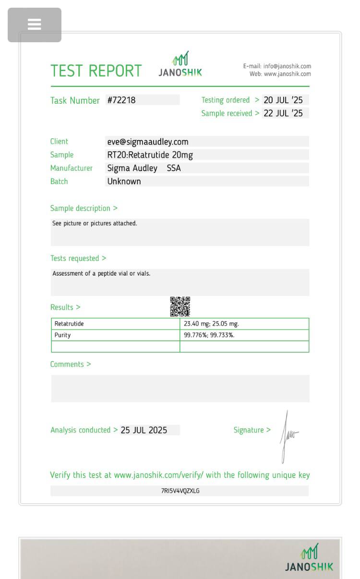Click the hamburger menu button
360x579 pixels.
pyautogui.click(x=35, y=24)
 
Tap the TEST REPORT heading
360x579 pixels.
pyautogui.click(x=96, y=71)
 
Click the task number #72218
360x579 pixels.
pyautogui.click(x=121, y=100)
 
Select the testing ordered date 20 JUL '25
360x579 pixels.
pyautogui.click(x=283, y=100)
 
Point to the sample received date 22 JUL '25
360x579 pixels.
pyautogui.click(x=283, y=113)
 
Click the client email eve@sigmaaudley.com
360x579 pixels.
pyautogui.click(x=148, y=142)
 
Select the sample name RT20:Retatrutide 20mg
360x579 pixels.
pyautogui.click(x=150, y=155)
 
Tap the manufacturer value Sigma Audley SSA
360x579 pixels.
pyautogui.click(x=144, y=168)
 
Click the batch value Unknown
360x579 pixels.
pyautogui.click(x=124, y=181)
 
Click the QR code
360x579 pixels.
pyautogui.click(x=180, y=307)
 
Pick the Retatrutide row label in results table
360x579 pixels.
pyautogui.click(x=69, y=324)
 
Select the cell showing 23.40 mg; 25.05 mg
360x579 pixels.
pyautogui.click(x=211, y=324)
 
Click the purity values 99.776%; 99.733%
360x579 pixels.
pyautogui.click(x=209, y=335)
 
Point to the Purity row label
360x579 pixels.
pyautogui.click(x=62, y=335)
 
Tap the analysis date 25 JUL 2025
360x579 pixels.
pyautogui.click(x=144, y=430)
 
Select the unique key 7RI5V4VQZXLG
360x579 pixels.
pyautogui.click(x=180, y=491)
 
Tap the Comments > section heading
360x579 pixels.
pyautogui.click(x=71, y=364)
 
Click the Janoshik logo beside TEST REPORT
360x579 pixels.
pyautogui.click(x=180, y=65)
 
